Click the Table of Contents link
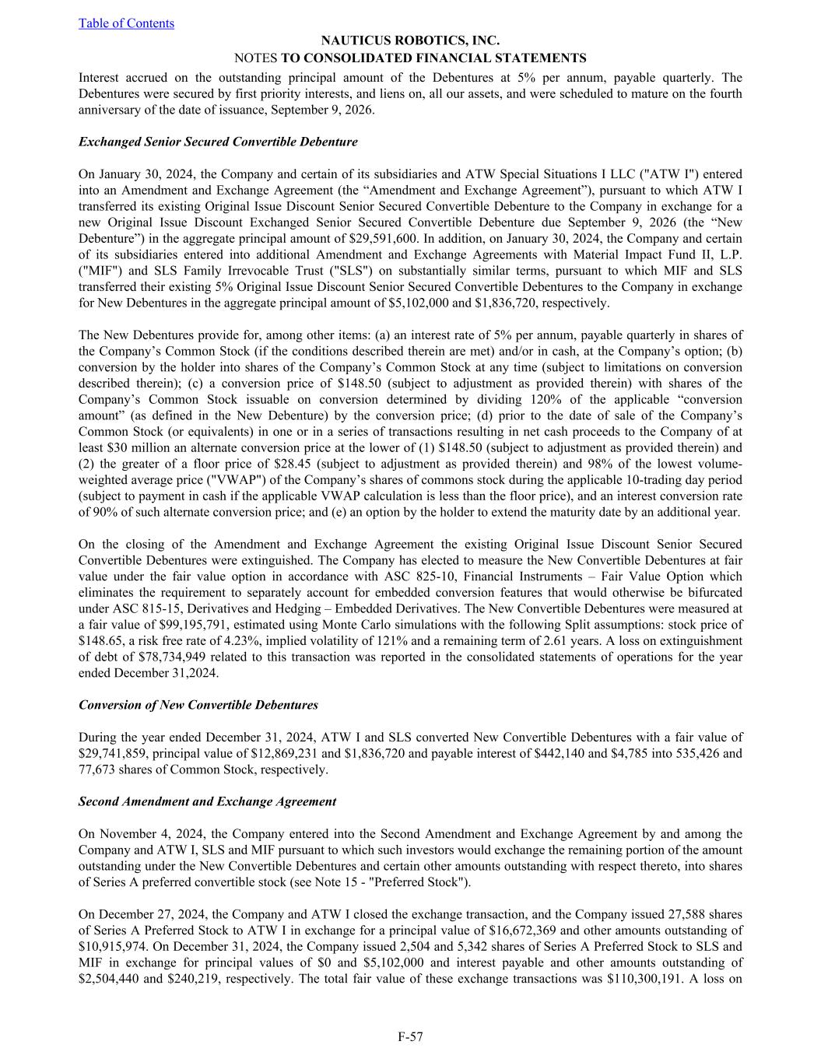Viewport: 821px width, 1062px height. pos(126,23)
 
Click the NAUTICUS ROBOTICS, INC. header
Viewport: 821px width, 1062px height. pos(410,40)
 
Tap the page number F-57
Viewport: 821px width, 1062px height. pos(410,1036)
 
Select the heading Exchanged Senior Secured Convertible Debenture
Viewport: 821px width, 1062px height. pos(218,142)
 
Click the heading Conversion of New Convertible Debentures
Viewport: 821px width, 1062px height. pos(198,705)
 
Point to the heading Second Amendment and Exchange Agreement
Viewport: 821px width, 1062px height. pos(207,801)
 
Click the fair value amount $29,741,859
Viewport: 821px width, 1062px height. pos(112,753)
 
